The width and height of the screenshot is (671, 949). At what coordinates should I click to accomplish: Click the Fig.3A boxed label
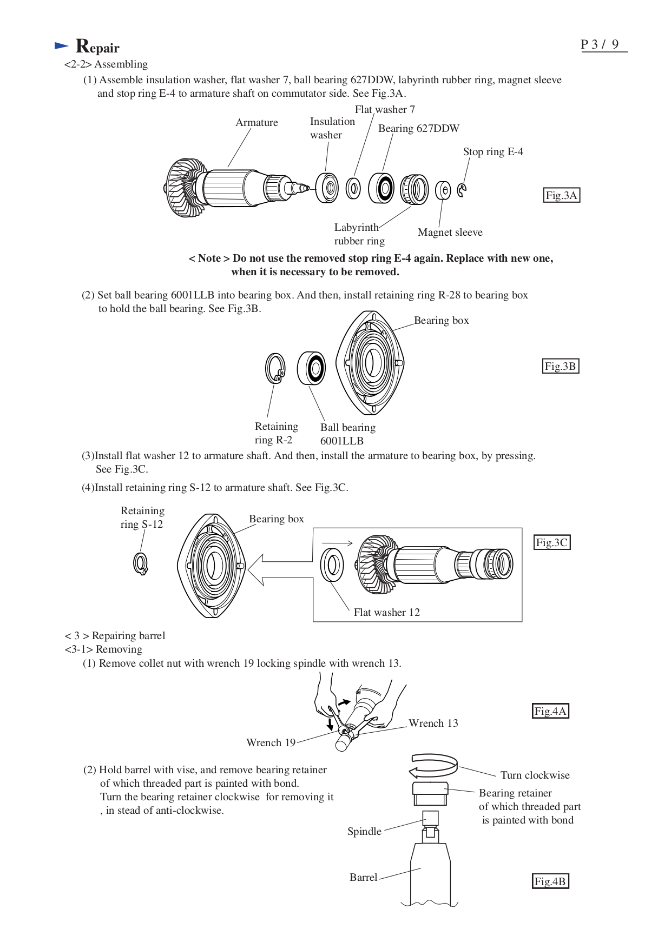561,195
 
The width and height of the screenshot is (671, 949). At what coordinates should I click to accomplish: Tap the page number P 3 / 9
600,44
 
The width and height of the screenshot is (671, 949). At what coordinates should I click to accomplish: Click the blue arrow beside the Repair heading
62,47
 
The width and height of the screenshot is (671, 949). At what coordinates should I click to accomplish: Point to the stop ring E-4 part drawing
462,190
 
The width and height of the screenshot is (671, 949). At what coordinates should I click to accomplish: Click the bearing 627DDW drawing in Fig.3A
382,188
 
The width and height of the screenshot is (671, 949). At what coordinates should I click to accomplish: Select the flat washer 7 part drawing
353,188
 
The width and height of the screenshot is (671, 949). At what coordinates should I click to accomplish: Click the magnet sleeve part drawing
443,190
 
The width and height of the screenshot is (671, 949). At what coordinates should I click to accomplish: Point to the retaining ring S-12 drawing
141,564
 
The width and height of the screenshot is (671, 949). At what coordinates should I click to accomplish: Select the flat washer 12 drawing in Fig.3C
332,565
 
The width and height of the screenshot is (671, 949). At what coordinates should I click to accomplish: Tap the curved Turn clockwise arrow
433,765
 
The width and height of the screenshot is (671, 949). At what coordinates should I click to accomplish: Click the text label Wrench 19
271,742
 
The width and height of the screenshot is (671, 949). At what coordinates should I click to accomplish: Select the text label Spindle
364,831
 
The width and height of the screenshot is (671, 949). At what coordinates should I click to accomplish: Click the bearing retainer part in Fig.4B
430,793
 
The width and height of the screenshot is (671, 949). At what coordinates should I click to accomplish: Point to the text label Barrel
363,877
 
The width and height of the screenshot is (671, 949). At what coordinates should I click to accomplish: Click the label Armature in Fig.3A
256,123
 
